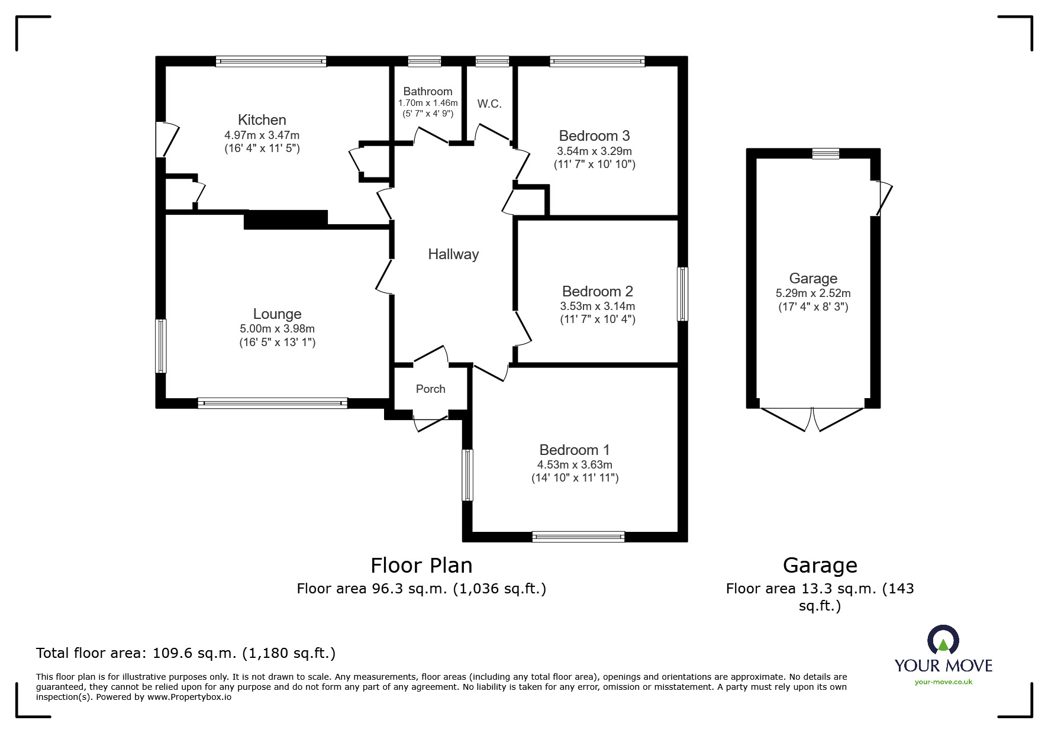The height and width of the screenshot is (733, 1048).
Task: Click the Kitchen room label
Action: [x=262, y=120]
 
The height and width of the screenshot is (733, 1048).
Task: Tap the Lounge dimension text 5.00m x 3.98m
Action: [x=277, y=329]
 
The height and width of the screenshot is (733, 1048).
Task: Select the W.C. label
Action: [x=489, y=104]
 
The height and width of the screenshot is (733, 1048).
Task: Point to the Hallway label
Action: [x=453, y=254]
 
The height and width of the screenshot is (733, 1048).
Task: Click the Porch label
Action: [x=430, y=389]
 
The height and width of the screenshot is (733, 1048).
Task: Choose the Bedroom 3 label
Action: [x=594, y=136]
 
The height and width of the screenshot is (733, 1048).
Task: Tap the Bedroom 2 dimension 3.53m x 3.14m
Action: [x=597, y=306]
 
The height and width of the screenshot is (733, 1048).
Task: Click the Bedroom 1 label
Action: [x=574, y=450]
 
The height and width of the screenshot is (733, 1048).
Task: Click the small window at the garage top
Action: [x=825, y=154]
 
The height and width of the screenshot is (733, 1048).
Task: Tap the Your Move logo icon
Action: [x=943, y=641]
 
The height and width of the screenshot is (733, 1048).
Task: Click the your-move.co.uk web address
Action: [x=943, y=682]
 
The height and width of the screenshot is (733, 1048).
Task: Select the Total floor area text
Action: [x=186, y=653]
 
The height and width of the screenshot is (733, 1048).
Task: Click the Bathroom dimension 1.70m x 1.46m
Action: [x=427, y=103]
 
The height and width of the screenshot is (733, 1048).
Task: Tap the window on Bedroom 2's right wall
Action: [x=682, y=294]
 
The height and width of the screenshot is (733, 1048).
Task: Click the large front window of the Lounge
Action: [x=272, y=403]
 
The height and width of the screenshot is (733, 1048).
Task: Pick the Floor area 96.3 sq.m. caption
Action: [x=421, y=589]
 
